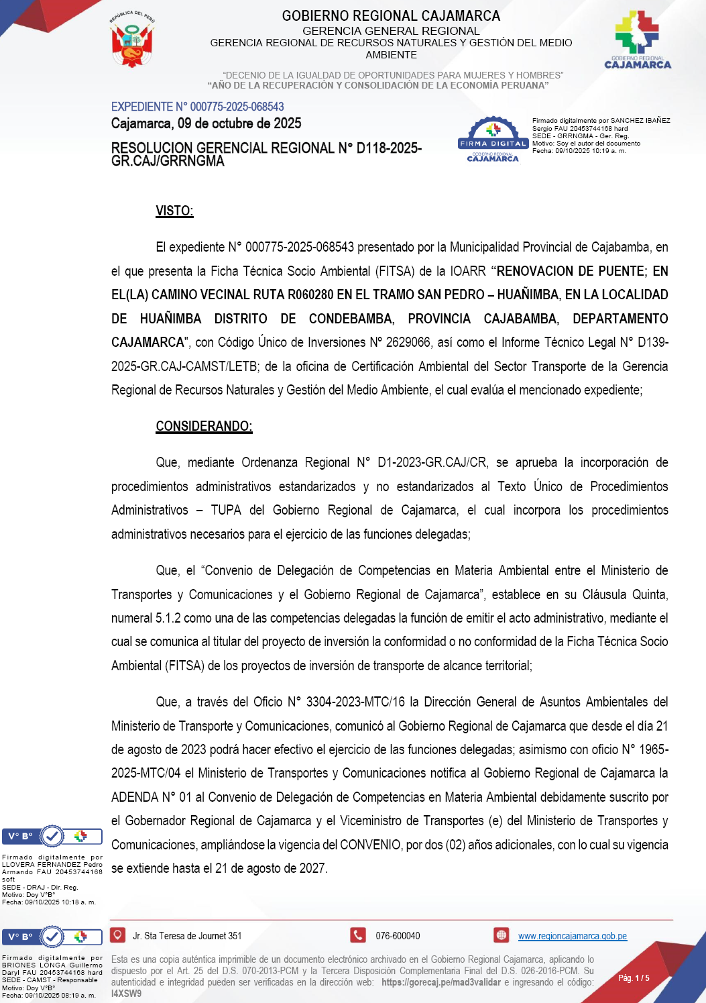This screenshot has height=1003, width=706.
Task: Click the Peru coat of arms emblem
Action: (x=133, y=40)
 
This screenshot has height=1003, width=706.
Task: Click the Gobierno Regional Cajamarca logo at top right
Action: (x=638, y=40)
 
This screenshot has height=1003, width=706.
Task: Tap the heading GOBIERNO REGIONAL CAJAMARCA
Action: (x=391, y=15)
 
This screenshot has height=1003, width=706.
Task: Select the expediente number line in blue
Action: (x=197, y=107)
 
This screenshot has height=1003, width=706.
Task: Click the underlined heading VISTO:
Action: (x=174, y=211)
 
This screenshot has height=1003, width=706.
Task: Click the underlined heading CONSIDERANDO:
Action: (x=204, y=426)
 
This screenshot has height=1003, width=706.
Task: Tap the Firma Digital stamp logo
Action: (x=493, y=140)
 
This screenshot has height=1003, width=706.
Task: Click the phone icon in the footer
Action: (x=358, y=935)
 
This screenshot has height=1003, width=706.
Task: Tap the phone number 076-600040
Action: (x=398, y=936)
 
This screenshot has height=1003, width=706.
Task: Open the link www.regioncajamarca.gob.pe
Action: (x=572, y=936)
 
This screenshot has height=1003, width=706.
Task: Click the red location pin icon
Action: (x=118, y=935)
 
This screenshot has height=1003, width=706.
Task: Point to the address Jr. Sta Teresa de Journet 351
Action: (x=187, y=936)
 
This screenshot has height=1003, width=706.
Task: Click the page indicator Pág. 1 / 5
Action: (x=634, y=978)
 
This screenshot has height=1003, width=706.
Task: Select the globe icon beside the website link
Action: (x=501, y=935)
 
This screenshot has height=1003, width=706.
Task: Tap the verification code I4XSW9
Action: (x=126, y=994)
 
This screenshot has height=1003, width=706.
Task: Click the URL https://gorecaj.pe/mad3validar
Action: (x=440, y=982)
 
